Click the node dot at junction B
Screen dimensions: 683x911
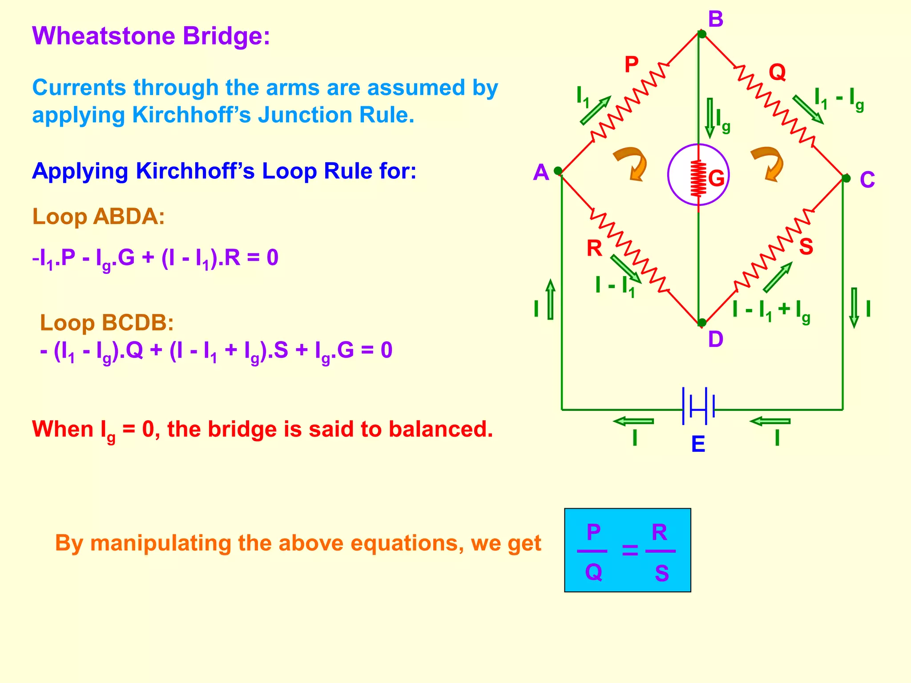702,34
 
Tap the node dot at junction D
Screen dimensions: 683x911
702,322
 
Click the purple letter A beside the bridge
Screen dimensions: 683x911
541,173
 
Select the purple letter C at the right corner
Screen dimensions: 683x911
867,180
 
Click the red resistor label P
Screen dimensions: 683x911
632,65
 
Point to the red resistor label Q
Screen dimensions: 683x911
777,72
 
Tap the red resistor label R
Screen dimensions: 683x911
594,248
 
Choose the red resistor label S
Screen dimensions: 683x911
806,247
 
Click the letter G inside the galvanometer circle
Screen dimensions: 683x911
716,178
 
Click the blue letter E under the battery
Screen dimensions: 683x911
698,444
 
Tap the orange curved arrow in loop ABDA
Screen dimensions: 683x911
632,164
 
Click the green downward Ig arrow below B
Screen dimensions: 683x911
710,117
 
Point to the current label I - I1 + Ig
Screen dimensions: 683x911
771,310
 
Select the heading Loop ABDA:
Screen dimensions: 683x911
98,217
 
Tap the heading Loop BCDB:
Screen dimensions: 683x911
107,323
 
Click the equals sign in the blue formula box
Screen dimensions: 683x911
630,551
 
